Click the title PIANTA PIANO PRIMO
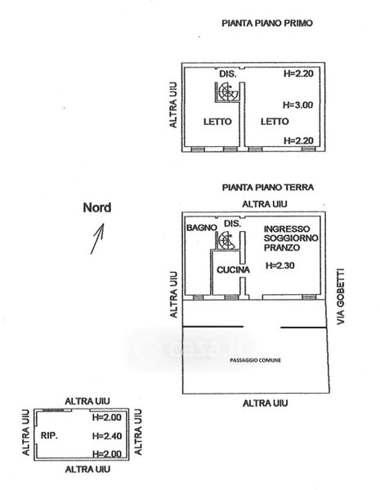pos(267,23)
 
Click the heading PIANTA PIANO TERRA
pos(268,187)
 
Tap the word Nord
pos(97,207)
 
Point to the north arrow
pos(97,238)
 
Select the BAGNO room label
pos(201,228)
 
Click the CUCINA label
pos(233,269)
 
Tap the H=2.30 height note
pos(280,265)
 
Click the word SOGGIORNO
pos(291,238)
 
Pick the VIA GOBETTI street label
pos(341,296)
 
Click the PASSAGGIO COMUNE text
pos(255,360)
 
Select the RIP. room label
pos(49,435)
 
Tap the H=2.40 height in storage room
pos(107,435)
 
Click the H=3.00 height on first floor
pos(297,105)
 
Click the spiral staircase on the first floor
pos(227,91)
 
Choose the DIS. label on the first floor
pos(228,74)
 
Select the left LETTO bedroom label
pos(217,122)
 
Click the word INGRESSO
pos(287,229)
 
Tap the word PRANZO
pos(282,247)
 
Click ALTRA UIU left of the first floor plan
pos(173,105)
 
